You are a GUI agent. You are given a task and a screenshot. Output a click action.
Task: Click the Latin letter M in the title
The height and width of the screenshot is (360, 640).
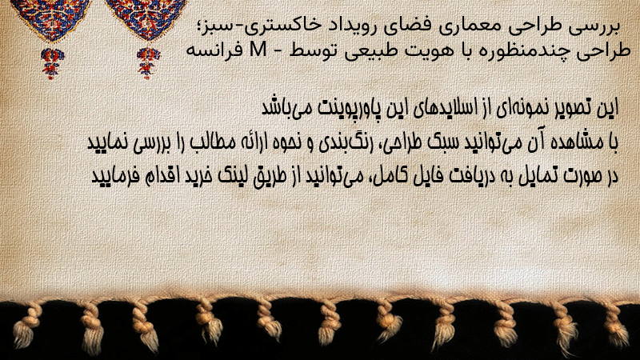(x=258, y=50)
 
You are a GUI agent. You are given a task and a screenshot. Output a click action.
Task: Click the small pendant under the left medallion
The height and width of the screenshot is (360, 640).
(x=52, y=62)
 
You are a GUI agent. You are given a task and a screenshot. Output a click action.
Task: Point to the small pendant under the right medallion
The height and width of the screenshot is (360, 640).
(x=148, y=62)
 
